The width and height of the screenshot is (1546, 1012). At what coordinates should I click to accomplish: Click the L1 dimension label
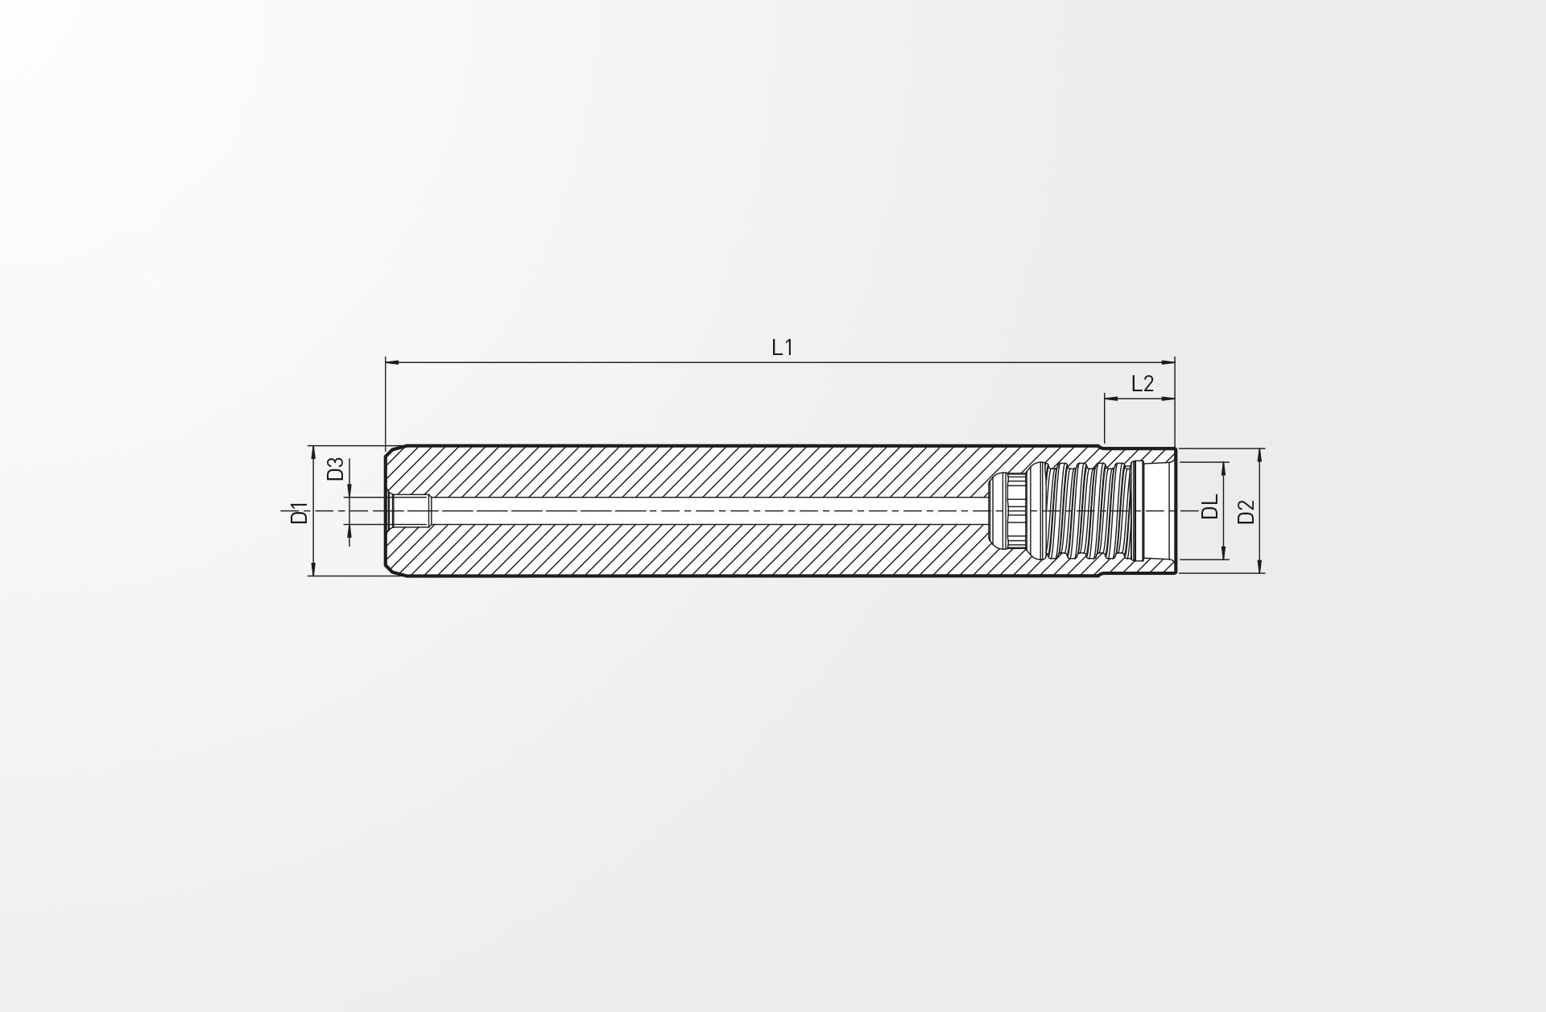click(x=782, y=348)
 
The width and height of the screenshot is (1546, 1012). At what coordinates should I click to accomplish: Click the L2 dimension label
click(x=1142, y=384)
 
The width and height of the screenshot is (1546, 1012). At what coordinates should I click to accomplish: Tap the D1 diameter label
click(x=300, y=513)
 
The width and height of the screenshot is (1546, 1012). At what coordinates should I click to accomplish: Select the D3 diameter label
click(x=336, y=469)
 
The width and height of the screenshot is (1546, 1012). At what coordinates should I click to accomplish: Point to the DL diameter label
click(x=1210, y=507)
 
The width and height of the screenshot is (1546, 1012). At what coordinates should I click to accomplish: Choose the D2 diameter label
click(x=1246, y=511)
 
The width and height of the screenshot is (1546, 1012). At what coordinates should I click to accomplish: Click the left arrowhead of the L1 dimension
click(x=393, y=363)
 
